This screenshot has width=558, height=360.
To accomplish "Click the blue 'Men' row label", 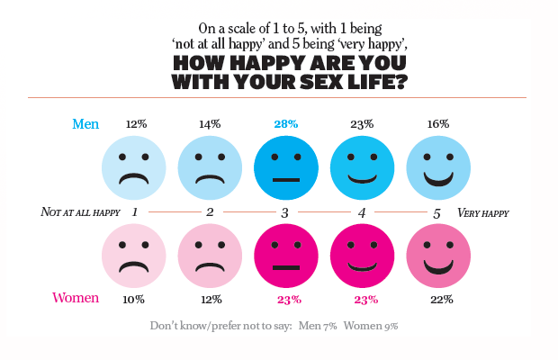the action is pos(85,124).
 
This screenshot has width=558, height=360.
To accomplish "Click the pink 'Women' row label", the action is pos(76,298).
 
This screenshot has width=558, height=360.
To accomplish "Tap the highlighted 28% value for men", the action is pos(286,124).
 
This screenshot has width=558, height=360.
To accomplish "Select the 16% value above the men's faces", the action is pos(438,124).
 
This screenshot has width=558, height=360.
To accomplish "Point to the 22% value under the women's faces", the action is pos(442,300).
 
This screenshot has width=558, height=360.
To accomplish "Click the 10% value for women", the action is pos(133,300).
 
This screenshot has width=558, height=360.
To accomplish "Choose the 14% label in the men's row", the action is pos(210,124).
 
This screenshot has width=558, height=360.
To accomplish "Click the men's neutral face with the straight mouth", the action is pos(286,168).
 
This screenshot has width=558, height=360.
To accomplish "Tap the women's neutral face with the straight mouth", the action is pos(286,256).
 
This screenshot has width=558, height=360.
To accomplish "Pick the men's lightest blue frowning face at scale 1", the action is pos(134,168).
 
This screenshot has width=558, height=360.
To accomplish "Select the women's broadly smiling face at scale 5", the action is pos(438,256).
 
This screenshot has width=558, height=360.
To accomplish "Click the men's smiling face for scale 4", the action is pos(363,168).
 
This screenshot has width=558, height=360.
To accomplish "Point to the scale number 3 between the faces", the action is pos(284,212).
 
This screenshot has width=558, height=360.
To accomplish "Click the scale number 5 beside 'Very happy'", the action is pos(436,213).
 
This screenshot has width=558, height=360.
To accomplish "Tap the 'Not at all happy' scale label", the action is pos(80,212).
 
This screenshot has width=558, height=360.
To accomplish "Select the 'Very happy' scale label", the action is pos(483,212).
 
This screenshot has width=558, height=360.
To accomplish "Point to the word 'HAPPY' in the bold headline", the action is pos(268,63).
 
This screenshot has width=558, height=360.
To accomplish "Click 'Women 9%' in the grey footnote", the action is pos(371,326).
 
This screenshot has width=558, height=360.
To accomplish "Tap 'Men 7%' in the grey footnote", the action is pos(318,326).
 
